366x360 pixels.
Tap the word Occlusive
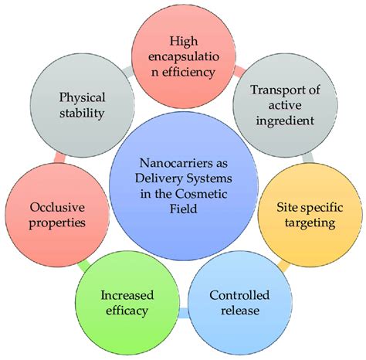click(x=57, y=209)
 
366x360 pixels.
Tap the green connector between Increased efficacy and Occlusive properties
click(x=83, y=265)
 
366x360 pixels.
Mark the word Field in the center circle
click(x=183, y=209)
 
